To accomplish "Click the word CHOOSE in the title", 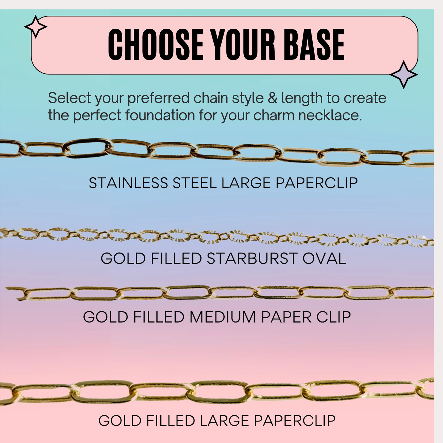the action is [156, 44].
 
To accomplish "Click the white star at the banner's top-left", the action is [36, 27].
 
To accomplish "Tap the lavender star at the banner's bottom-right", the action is [404, 74].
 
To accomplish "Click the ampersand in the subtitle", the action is [273, 98].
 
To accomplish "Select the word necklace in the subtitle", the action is [330, 115].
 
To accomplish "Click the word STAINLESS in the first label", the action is [128, 183].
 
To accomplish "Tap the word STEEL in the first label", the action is [195, 183].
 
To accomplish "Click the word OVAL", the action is [324, 258].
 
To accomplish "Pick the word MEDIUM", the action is [223, 317].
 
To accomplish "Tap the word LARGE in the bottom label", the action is [224, 421].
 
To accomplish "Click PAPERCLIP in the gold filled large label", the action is [295, 421].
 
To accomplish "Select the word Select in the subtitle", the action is [69, 98].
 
